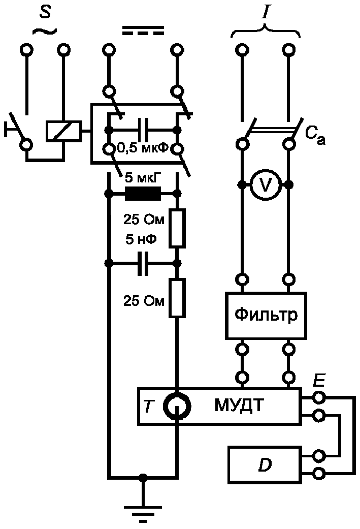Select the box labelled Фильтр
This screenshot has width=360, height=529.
[x=266, y=316]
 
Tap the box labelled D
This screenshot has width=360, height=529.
[x=265, y=465]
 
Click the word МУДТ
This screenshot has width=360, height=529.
[x=239, y=405]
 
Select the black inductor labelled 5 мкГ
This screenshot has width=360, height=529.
[x=143, y=194]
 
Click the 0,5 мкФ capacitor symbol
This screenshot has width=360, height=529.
[x=143, y=129]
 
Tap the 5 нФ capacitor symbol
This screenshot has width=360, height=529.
[x=143, y=263]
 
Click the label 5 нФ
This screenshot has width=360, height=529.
[x=141, y=239]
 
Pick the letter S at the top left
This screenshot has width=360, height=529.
[x=45, y=13]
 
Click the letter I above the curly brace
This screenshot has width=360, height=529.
[x=266, y=13]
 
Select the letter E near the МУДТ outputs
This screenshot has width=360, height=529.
[x=318, y=381]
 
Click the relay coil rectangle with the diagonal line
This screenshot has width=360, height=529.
[x=63, y=131]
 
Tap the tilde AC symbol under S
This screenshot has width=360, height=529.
[x=45, y=30]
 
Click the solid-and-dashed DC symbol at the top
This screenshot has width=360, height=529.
[x=143, y=30]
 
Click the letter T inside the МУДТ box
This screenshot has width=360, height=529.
[x=149, y=406]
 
